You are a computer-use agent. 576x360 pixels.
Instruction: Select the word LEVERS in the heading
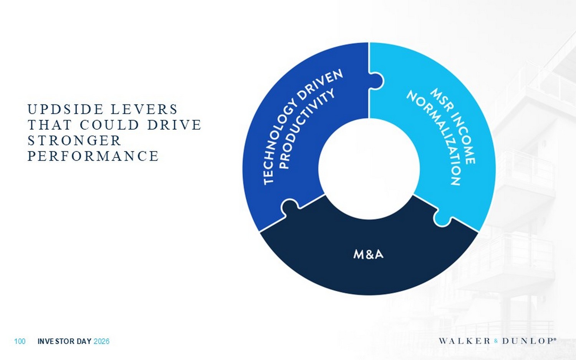(x=144, y=109)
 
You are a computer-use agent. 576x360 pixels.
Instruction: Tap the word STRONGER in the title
(x=74, y=140)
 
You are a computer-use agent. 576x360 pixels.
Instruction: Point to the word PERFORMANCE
(x=93, y=156)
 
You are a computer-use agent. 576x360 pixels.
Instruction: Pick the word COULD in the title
(x=110, y=125)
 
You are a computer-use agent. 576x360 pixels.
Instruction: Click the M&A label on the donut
(x=368, y=254)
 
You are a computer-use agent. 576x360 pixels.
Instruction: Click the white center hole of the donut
(x=369, y=169)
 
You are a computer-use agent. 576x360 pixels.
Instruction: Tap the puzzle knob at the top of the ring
(x=377, y=81)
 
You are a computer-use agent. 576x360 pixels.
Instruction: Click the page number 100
(x=20, y=341)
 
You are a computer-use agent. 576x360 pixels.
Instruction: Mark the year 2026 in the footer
(x=101, y=341)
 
